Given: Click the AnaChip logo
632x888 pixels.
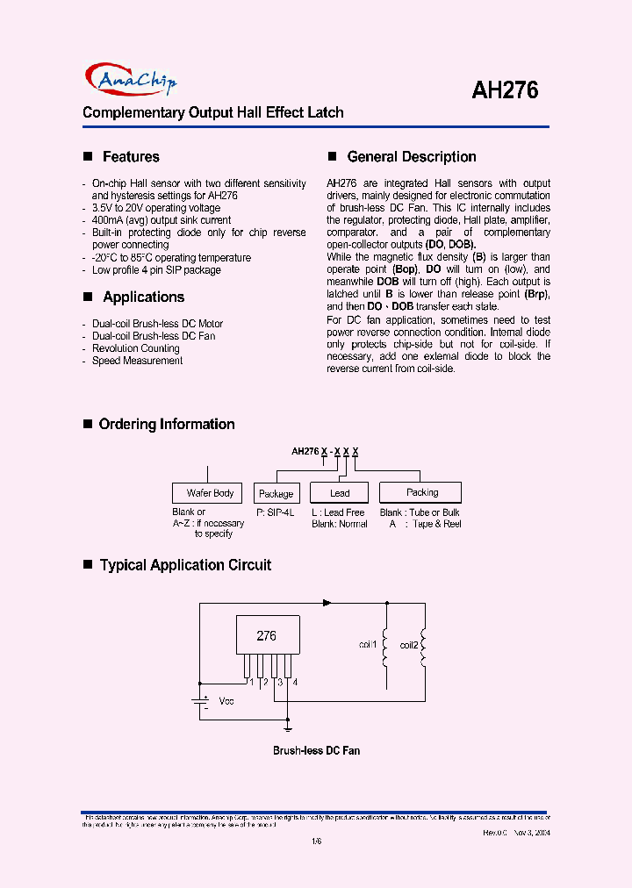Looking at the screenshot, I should click(x=132, y=80).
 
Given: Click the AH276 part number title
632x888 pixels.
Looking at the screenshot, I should click(x=505, y=90).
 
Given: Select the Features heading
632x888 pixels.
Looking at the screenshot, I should click(x=131, y=157).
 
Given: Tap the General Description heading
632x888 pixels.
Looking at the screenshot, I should click(x=412, y=157).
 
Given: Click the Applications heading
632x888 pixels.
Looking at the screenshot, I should click(x=143, y=297).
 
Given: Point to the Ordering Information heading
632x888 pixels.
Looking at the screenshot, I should click(x=167, y=425).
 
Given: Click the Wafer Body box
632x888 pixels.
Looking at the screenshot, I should click(x=210, y=493).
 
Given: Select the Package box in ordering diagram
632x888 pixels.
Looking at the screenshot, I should click(x=276, y=494).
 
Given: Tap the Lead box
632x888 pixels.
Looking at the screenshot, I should click(x=340, y=493).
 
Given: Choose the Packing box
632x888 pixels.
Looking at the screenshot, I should click(x=421, y=492).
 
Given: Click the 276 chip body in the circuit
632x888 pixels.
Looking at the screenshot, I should click(x=267, y=636).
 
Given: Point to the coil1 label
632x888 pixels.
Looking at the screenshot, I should click(x=367, y=645).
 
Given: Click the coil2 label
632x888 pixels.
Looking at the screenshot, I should click(x=409, y=645).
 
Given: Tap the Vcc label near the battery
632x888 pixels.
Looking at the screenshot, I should click(x=226, y=701).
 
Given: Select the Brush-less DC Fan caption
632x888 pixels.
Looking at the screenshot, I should click(x=316, y=751).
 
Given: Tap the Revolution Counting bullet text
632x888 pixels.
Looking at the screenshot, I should click(x=135, y=348).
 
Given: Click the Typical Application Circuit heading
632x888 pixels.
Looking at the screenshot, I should click(x=185, y=566).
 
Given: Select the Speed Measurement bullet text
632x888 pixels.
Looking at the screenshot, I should click(x=137, y=361).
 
